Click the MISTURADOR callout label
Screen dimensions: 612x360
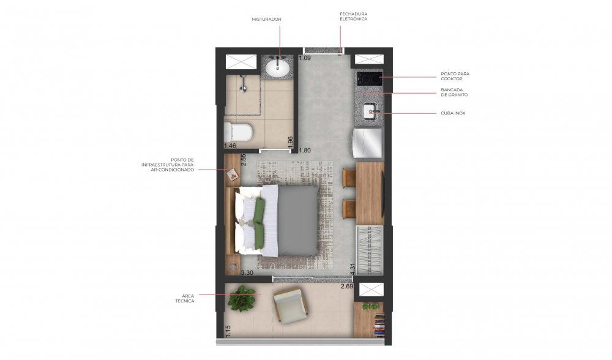click(x=266, y=19)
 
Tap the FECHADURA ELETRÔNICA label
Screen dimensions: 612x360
click(x=353, y=17)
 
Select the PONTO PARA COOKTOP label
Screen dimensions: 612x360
click(x=455, y=76)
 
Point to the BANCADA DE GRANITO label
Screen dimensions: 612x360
click(x=454, y=92)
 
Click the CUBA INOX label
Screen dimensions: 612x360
click(x=453, y=113)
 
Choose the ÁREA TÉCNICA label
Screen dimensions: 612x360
click(x=185, y=299)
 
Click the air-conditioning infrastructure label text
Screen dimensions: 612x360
click(x=168, y=165)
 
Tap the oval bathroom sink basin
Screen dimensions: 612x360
click(x=277, y=69)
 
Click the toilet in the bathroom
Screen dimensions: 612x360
click(x=239, y=132)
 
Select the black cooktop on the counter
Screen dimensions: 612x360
click(x=369, y=79)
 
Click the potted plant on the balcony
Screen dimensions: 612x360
click(x=242, y=299)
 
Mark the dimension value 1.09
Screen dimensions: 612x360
click(x=305, y=58)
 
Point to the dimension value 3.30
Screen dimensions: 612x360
click(x=247, y=273)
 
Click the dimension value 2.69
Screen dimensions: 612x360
click(x=347, y=287)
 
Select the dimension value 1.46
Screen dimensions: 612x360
click(x=230, y=146)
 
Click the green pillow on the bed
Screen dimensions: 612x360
click(x=259, y=223)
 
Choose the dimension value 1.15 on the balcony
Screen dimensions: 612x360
click(x=228, y=331)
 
